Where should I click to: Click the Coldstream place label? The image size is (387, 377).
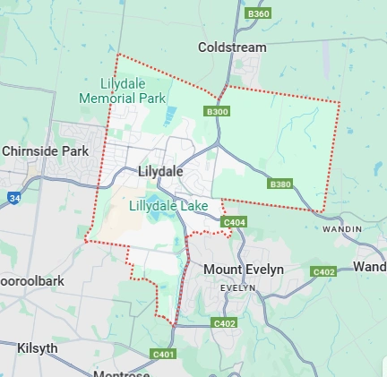tap(232, 46)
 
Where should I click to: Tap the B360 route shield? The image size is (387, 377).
tap(258, 13)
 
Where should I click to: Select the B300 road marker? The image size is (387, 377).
tap(216, 112)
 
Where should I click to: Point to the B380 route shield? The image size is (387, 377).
tap(279, 184)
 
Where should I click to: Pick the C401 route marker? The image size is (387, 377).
tap(164, 355)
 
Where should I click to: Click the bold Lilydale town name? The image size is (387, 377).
tap(160, 170)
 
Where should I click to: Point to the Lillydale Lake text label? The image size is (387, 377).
tap(168, 206)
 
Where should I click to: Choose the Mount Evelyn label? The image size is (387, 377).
tap(243, 270)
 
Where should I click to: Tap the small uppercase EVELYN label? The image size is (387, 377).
tap(238, 287)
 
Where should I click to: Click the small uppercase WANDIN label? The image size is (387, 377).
tap(343, 229)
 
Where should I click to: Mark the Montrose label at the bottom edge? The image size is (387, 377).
tap(121, 373)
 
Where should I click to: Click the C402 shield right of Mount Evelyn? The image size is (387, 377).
tap(323, 270)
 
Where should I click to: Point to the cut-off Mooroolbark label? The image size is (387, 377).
tap(31, 280)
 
